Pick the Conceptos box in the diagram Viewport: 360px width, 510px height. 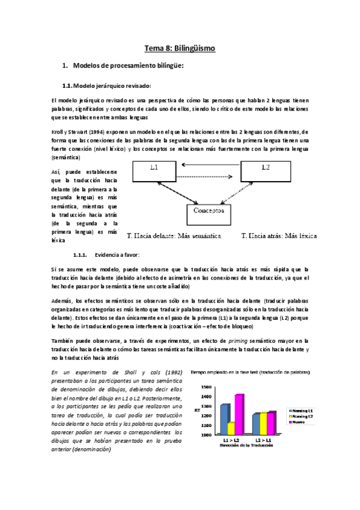pyautogui.click(x=209, y=212)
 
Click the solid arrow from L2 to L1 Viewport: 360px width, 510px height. pyautogui.click(x=210, y=164)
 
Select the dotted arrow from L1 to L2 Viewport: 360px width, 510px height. pyautogui.click(x=210, y=177)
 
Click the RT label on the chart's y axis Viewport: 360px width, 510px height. pyautogui.click(x=198, y=410)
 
